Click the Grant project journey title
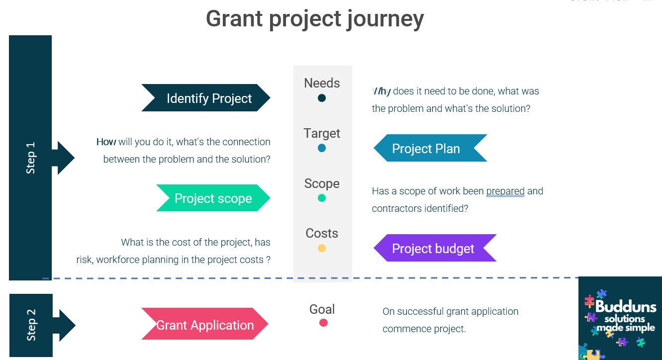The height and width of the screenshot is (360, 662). pos(315,19)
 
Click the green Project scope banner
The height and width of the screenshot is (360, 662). pos(213,198)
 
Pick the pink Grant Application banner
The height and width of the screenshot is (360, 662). pos(205,325)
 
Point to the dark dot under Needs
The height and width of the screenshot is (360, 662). pos(322,98)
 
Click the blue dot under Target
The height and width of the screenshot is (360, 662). pos(322,148)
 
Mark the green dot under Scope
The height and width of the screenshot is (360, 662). pos(322,198)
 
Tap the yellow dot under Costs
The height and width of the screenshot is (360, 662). pos(322,248)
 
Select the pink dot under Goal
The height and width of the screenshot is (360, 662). pos(323,323)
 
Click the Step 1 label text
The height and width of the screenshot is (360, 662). pos(31,158)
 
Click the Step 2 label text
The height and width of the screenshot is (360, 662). pos(31,325)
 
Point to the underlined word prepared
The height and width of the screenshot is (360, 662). pos(505,191)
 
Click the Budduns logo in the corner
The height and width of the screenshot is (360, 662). pos(620,318)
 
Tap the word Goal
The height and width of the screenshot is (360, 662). pos(322,309)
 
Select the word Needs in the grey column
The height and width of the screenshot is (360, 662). pos(322,83)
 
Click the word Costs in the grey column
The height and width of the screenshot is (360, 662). pos(322,233)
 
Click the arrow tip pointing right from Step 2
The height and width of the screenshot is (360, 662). pos(74,325)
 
